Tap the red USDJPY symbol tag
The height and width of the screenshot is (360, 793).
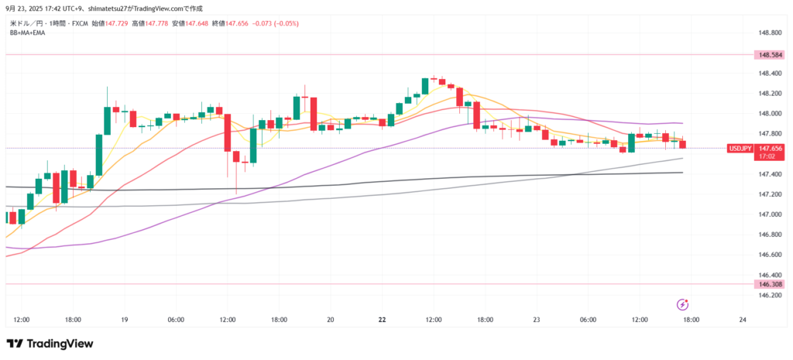(x=740, y=148)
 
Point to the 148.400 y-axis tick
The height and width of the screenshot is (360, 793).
(x=770, y=74)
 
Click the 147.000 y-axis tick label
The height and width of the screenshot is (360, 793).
(x=770, y=214)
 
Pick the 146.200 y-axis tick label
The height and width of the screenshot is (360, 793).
(x=770, y=295)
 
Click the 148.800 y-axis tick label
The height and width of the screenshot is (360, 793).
(x=770, y=33)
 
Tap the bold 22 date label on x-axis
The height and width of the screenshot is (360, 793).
(x=383, y=319)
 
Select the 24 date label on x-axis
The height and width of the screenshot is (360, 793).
(x=743, y=319)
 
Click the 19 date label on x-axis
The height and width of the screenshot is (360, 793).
(x=124, y=319)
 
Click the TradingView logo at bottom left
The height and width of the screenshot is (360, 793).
(x=50, y=344)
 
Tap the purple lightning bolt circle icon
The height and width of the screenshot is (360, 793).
(x=682, y=304)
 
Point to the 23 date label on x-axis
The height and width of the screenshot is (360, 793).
(x=537, y=319)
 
